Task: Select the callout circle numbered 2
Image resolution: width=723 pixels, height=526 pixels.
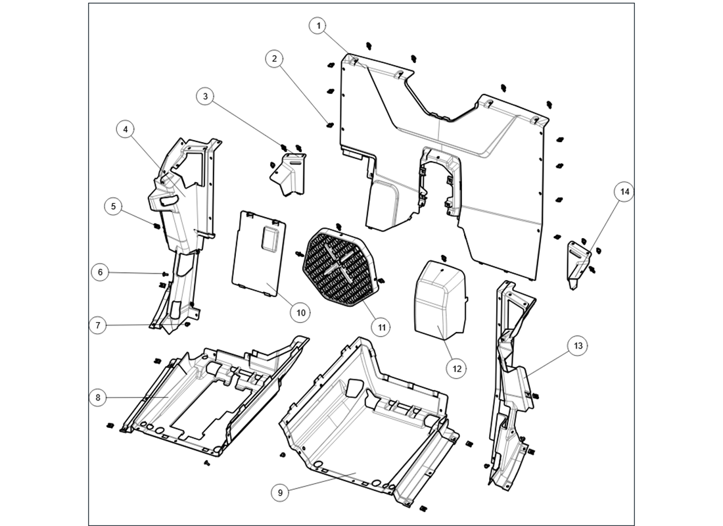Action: pyautogui.click(x=274, y=59)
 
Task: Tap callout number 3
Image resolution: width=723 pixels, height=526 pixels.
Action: pyautogui.click(x=206, y=97)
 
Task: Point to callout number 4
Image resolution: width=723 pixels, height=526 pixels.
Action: pyautogui.click(x=125, y=130)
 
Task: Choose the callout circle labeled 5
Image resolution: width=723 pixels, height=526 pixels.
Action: pyautogui.click(x=114, y=206)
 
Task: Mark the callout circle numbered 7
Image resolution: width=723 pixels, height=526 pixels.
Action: pyautogui.click(x=98, y=325)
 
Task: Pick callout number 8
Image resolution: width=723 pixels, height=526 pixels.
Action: pyautogui.click(x=98, y=397)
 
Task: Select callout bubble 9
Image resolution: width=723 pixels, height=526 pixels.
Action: pyautogui.click(x=280, y=492)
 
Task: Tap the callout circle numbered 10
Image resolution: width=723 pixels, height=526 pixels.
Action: pyautogui.click(x=300, y=312)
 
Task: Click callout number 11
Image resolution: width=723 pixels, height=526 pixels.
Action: pyautogui.click(x=381, y=325)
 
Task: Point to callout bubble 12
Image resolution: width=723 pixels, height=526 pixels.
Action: pyautogui.click(x=457, y=368)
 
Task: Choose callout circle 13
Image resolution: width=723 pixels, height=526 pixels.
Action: pyautogui.click(x=578, y=346)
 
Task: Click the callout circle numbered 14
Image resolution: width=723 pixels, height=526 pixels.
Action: pyautogui.click(x=624, y=192)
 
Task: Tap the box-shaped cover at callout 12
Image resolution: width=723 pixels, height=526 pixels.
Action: pyautogui.click(x=438, y=296)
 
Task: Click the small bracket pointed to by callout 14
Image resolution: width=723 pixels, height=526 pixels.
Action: pyautogui.click(x=578, y=264)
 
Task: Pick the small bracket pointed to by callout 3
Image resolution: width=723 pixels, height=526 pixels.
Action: pyautogui.click(x=290, y=174)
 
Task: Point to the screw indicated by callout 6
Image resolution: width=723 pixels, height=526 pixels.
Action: pyautogui.click(x=161, y=274)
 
